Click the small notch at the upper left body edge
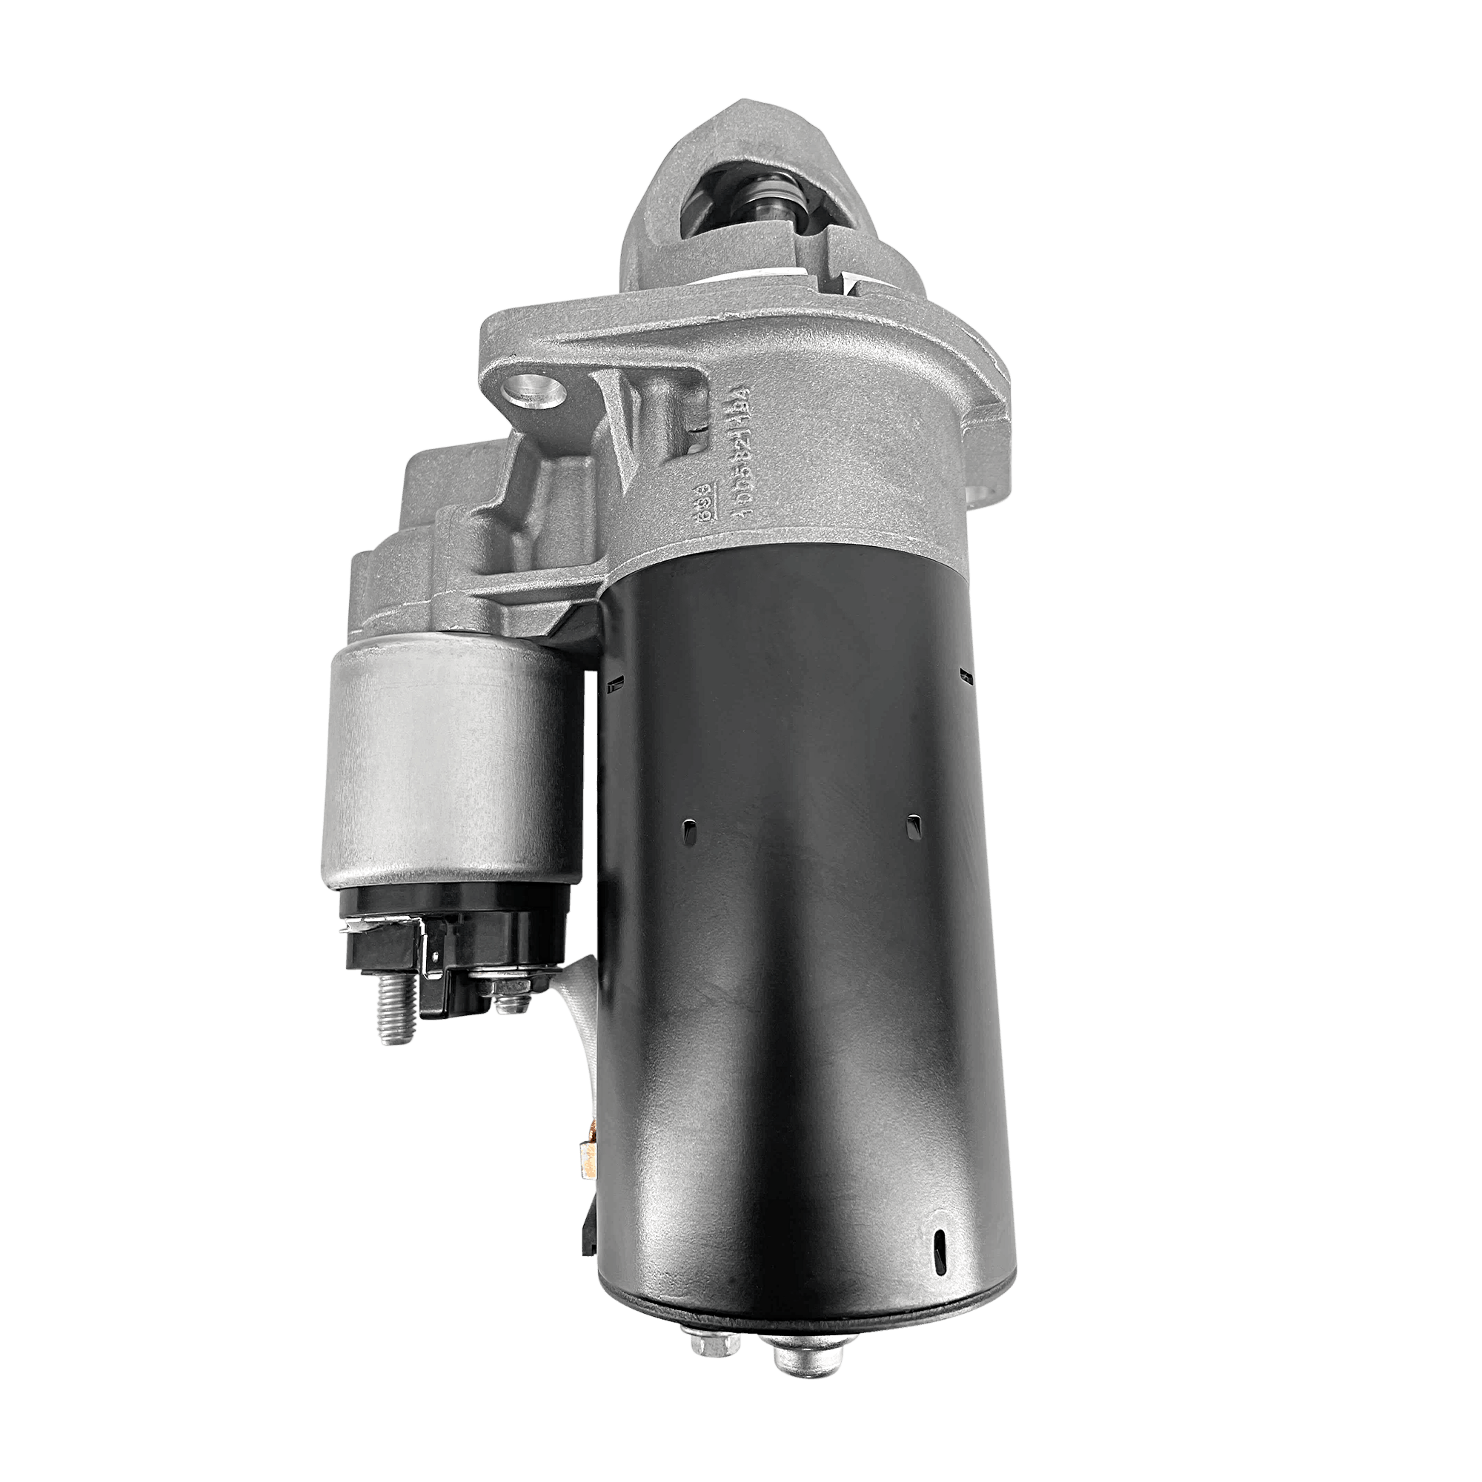coord(613,681)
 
